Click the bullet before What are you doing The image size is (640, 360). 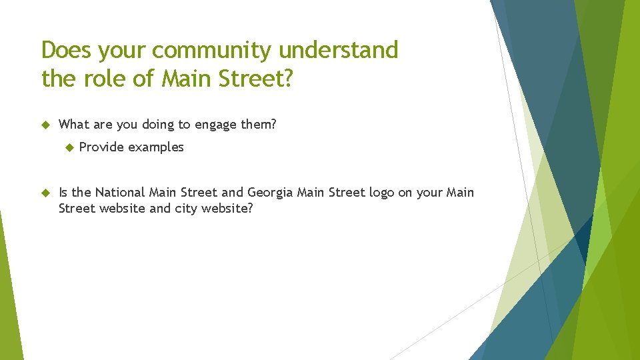[x=46, y=124]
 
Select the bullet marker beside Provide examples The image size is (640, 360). [x=67, y=147]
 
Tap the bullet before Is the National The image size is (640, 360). [x=46, y=193]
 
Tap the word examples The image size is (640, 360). [x=156, y=147]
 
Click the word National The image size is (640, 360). [x=120, y=193]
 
